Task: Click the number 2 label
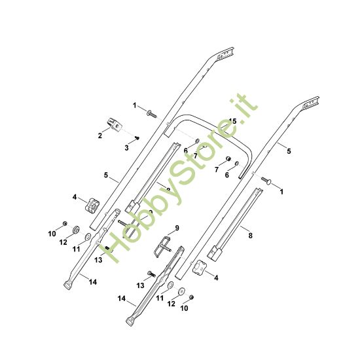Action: [x=99, y=135]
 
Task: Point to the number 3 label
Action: [x=127, y=149]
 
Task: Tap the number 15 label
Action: [x=232, y=122]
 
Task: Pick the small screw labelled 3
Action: [x=137, y=137]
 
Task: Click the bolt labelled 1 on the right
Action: [x=267, y=181]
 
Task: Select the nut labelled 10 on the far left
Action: [x=65, y=225]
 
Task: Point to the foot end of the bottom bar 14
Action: [x=129, y=321]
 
